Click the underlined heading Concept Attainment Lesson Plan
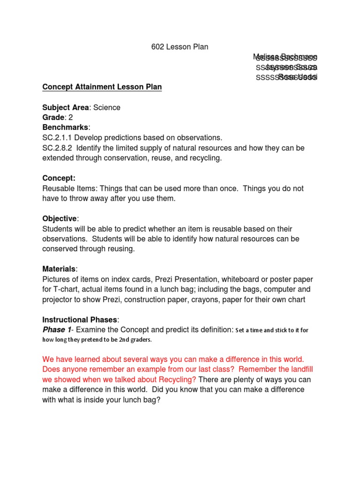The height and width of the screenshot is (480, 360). pyautogui.click(x=102, y=87)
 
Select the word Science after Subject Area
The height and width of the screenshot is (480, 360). pyautogui.click(x=106, y=107)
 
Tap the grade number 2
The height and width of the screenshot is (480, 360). pyautogui.click(x=71, y=118)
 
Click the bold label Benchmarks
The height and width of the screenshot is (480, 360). pyautogui.click(x=65, y=127)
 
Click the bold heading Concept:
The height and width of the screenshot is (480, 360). pyautogui.click(x=59, y=178)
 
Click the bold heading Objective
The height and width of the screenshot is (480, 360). pyautogui.click(x=60, y=218)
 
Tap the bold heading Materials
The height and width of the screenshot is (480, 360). pyautogui.click(x=59, y=269)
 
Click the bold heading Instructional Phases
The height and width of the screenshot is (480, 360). pyautogui.click(x=81, y=320)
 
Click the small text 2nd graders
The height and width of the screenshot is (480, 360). pyautogui.click(x=133, y=340)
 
